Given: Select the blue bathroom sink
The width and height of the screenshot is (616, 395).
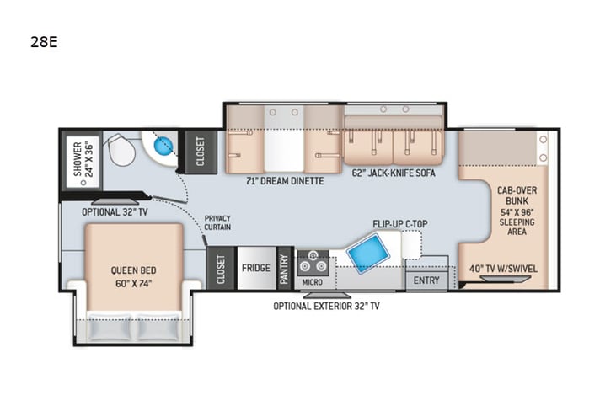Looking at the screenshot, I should pyautogui.click(x=163, y=146).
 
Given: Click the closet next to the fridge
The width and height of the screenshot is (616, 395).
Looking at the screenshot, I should pyautogui.click(x=221, y=268).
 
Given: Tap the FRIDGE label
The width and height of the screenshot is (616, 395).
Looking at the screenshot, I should pyautogui.click(x=256, y=269).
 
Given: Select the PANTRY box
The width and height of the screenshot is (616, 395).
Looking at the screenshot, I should pyautogui.click(x=284, y=269).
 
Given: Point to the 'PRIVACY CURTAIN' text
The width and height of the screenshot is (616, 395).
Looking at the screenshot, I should pyautogui.click(x=217, y=222).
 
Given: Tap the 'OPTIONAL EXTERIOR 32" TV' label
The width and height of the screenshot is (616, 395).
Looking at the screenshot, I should pyautogui.click(x=326, y=306).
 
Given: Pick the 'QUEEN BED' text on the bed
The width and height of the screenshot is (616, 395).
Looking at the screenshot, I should pyautogui.click(x=133, y=270).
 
